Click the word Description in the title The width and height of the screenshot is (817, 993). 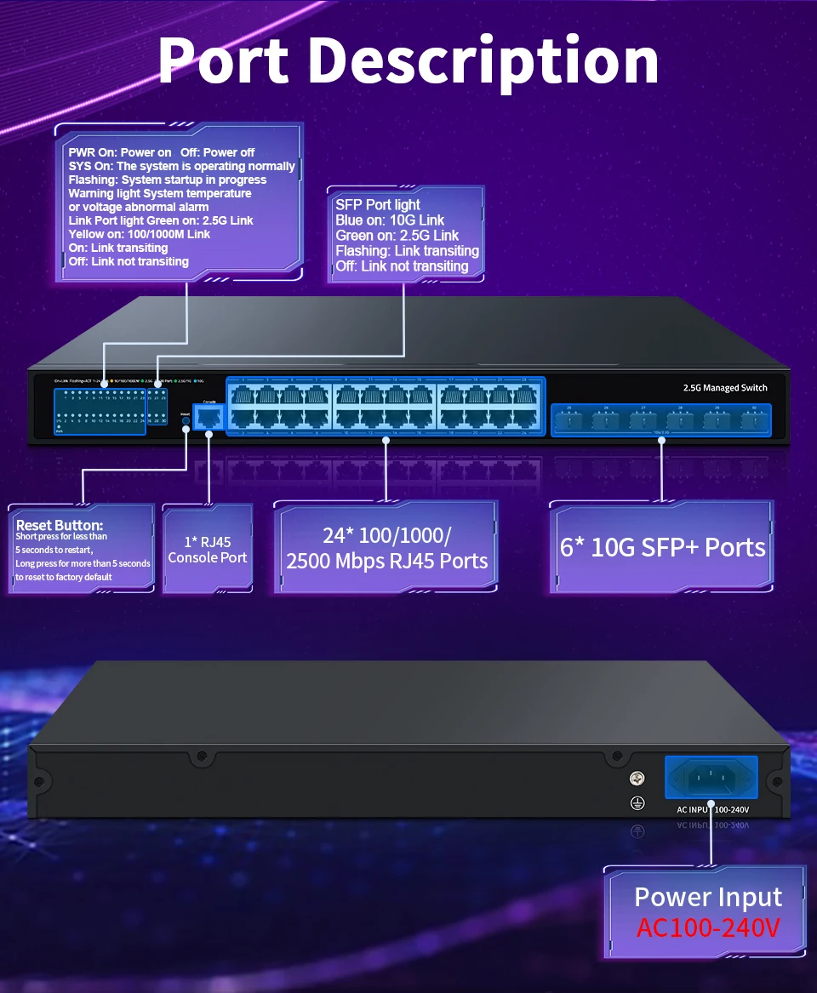coord(483,61)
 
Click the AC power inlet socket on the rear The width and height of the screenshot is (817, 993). coord(711,778)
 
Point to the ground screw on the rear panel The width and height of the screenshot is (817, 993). coord(635,778)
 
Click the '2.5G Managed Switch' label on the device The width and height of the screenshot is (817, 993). coord(725,388)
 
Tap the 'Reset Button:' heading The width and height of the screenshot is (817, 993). coord(60,525)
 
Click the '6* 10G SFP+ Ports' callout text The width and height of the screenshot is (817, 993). coord(662,547)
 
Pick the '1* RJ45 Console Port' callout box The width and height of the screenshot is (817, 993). coord(208,550)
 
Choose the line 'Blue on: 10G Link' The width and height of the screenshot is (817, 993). coord(390,220)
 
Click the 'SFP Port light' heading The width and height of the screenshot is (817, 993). coord(378,205)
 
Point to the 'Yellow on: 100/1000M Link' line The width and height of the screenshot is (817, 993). coord(140,234)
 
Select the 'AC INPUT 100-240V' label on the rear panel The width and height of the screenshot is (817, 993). coord(712,809)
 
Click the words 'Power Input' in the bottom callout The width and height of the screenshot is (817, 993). coord(708,898)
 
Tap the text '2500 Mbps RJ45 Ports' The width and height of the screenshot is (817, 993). coord(387,561)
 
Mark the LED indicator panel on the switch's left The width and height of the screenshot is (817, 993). coord(109,410)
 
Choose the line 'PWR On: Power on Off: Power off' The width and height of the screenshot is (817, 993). coord(162,152)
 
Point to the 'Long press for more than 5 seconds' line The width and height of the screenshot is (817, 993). coord(83,563)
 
